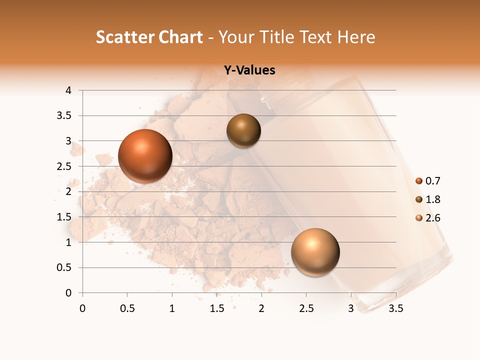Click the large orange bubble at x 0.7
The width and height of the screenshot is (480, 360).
click(x=145, y=156)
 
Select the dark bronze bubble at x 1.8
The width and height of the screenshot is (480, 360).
click(x=243, y=130)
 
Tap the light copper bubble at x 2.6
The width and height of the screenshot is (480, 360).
click(x=315, y=252)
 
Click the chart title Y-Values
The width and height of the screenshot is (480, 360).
click(x=249, y=70)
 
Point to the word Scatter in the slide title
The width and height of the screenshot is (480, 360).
click(x=124, y=37)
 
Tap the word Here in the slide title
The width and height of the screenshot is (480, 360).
click(x=355, y=37)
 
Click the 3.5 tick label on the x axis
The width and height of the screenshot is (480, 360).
click(x=395, y=308)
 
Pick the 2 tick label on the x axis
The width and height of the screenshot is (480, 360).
click(x=261, y=308)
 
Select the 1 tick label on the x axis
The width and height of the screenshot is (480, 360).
click(x=172, y=308)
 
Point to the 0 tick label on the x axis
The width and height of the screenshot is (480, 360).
click(x=82, y=308)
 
